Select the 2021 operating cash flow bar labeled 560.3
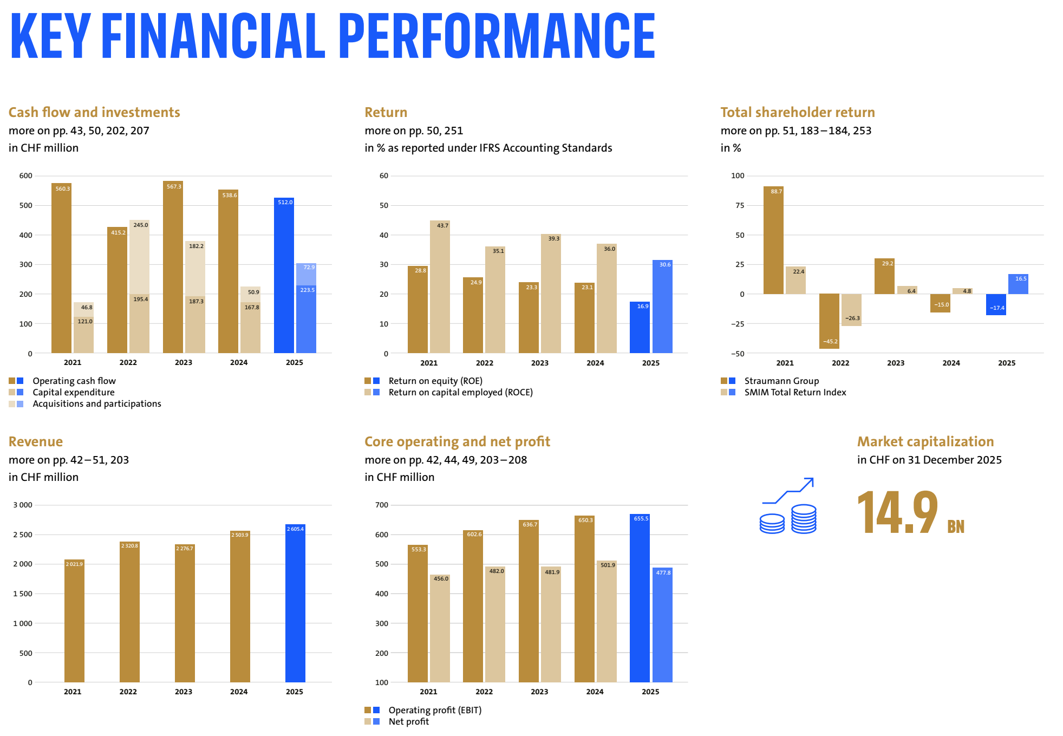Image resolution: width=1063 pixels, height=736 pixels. pyautogui.click(x=61, y=268)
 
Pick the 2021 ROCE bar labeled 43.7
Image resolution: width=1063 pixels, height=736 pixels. pyautogui.click(x=440, y=287)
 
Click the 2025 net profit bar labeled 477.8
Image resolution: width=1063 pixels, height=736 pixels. pyautogui.click(x=662, y=625)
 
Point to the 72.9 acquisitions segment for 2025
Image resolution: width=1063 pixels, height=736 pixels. pyautogui.click(x=306, y=274)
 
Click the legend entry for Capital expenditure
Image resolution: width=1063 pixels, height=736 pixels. pyautogui.click(x=73, y=392)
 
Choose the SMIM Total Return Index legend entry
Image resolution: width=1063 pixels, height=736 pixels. pyautogui.click(x=794, y=392)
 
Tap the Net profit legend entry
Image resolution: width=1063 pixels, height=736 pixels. pyautogui.click(x=408, y=721)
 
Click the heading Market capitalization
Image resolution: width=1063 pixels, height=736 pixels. pyautogui.click(x=925, y=441)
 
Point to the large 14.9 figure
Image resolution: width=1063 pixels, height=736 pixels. pyautogui.click(x=897, y=512)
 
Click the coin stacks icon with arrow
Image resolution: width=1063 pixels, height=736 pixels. pyautogui.click(x=788, y=506)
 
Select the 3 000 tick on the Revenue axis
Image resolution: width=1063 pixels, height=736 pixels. pyautogui.click(x=23, y=505)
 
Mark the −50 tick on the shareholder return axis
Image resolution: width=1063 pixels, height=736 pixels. pyautogui.click(x=738, y=354)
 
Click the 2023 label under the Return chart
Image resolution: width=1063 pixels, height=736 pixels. pyautogui.click(x=539, y=363)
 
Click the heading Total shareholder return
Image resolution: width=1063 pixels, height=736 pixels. pyautogui.click(x=797, y=112)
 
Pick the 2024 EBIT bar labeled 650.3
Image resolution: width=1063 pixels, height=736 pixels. pyautogui.click(x=584, y=599)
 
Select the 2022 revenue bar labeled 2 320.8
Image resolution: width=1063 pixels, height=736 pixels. pyautogui.click(x=129, y=612)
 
